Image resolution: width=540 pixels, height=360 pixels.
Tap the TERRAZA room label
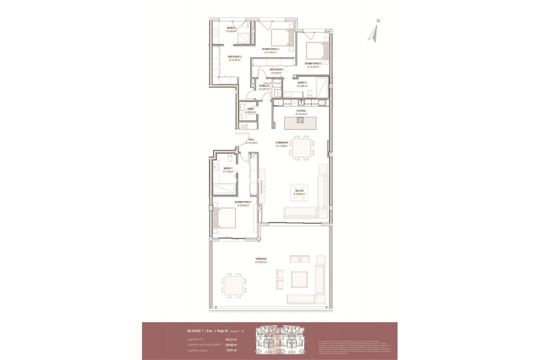point(261,258)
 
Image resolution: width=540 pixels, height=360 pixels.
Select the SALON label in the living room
point(299,191)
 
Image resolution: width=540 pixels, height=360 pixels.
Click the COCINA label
point(300,111)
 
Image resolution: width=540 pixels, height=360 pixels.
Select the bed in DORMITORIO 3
point(280,37)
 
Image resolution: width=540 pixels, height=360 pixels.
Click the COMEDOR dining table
point(302,147)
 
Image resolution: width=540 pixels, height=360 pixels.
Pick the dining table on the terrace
point(233,285)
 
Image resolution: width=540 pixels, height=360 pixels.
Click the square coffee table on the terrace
point(299,279)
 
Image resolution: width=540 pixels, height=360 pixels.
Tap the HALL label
point(251,139)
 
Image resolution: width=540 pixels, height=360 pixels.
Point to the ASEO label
point(250,108)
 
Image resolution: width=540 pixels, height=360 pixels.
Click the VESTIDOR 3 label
point(234,56)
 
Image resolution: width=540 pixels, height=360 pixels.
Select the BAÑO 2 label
point(302,82)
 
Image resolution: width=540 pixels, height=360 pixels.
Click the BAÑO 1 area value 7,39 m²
point(228,171)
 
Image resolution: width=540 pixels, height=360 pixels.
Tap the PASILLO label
point(264,85)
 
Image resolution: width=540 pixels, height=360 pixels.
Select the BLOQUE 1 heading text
point(194,331)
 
